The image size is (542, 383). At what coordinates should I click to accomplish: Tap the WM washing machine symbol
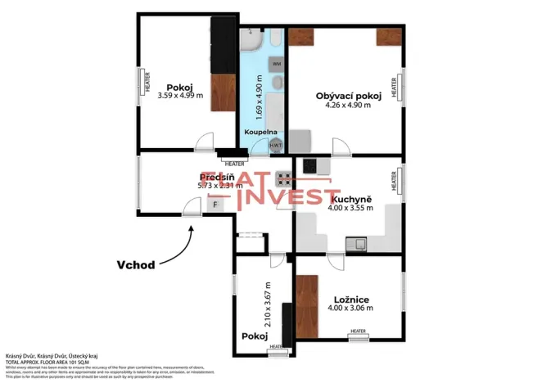click(276, 62)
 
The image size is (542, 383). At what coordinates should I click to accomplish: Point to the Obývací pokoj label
click(349, 96)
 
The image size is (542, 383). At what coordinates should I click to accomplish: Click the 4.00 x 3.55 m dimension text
click(351, 208)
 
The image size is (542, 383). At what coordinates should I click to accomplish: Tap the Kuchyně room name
click(351, 198)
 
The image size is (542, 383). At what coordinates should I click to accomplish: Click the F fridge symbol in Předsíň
click(216, 205)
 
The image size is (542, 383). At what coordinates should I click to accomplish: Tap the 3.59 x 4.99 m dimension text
click(179, 95)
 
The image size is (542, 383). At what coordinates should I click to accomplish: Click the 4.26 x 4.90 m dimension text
click(349, 105)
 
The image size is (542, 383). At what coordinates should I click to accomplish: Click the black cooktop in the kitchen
click(311, 165)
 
